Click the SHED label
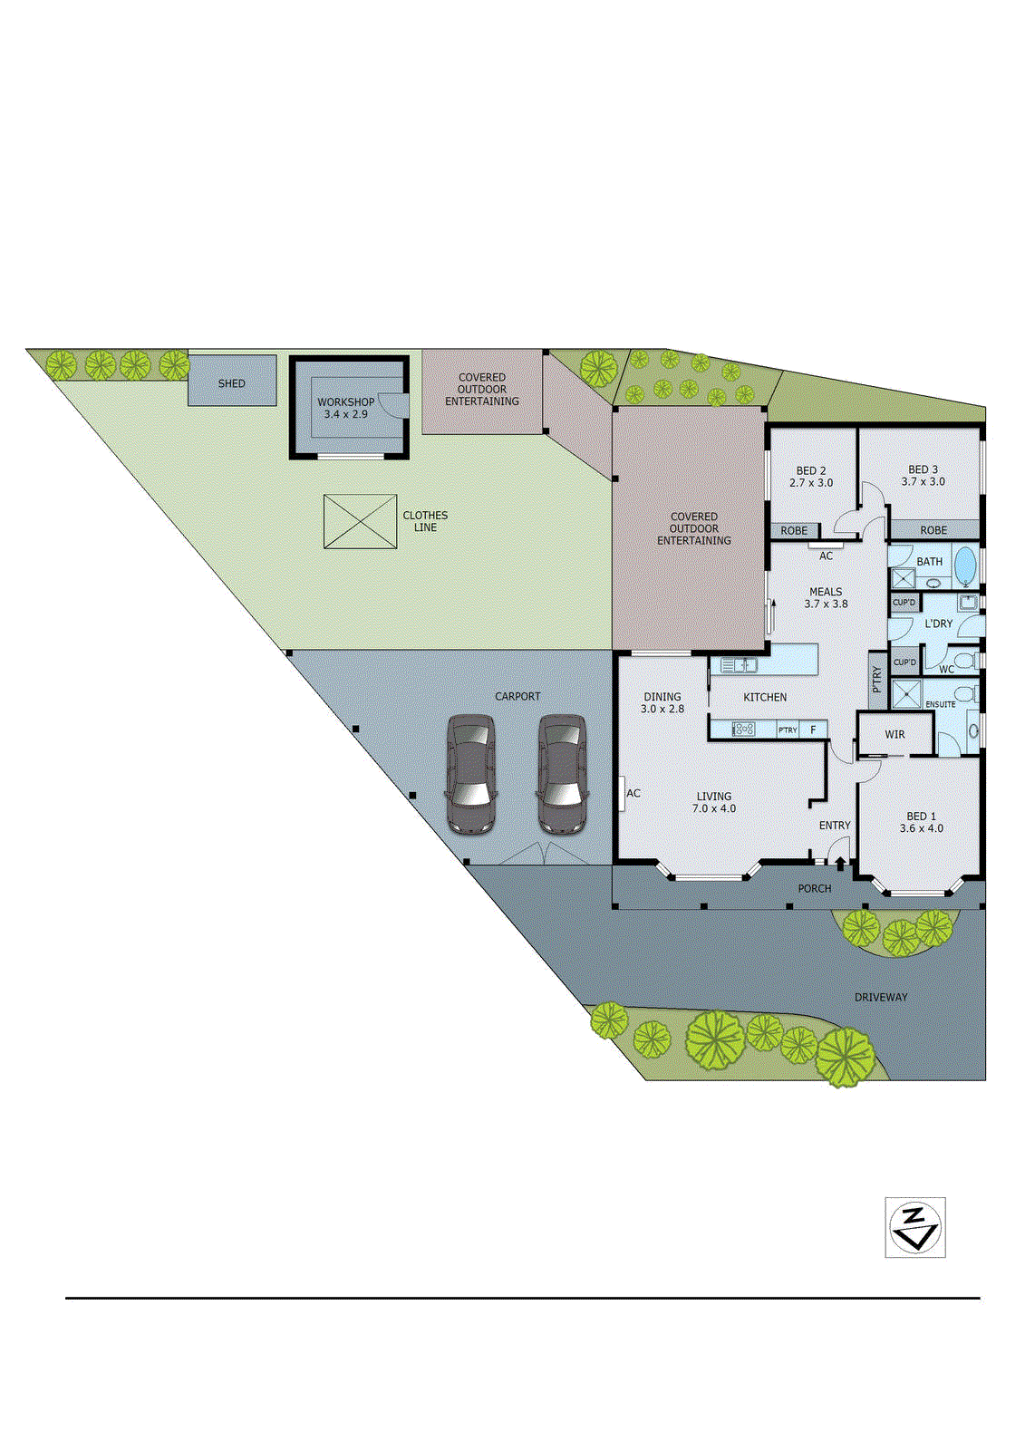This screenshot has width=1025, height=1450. (x=232, y=383)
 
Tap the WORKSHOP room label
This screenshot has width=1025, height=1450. (x=345, y=408)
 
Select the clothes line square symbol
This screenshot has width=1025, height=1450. (x=360, y=521)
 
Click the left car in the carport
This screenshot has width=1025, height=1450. (x=471, y=774)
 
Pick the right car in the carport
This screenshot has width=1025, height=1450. (x=562, y=774)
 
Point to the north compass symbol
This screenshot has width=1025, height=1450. (x=915, y=1227)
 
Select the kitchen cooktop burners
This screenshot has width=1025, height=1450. (x=743, y=729)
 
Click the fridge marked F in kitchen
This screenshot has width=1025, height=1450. (x=813, y=730)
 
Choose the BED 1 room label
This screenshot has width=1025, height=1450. (x=921, y=822)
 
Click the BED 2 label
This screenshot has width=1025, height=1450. (x=810, y=477)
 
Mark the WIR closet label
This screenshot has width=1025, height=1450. (x=894, y=734)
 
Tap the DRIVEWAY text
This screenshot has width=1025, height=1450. (x=880, y=997)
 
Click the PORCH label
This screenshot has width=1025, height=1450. (x=814, y=888)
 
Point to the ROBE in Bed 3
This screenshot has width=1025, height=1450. (x=933, y=530)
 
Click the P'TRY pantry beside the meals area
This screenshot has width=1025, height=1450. (x=876, y=680)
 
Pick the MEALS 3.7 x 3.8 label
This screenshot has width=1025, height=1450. (x=826, y=597)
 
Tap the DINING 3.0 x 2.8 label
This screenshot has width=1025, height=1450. (x=662, y=702)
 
